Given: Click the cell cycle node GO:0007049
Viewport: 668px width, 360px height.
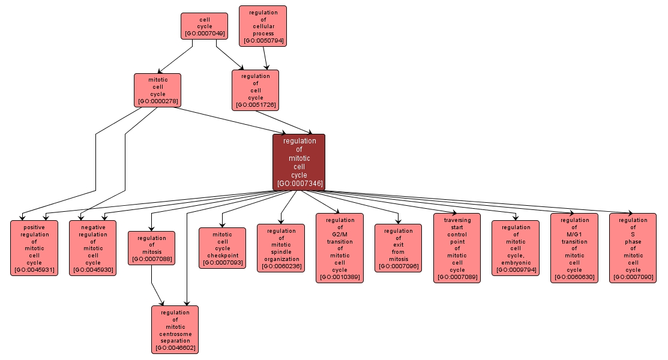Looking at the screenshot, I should (x=204, y=26).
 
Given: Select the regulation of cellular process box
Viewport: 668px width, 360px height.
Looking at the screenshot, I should (x=263, y=26).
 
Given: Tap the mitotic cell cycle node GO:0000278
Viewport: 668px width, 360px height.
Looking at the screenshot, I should (x=157, y=90).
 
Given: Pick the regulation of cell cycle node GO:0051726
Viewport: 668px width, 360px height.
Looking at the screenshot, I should (x=256, y=90).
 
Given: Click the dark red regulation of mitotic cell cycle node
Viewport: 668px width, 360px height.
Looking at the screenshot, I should (x=299, y=162).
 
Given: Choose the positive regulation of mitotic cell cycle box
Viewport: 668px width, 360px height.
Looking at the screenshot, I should (x=34, y=248).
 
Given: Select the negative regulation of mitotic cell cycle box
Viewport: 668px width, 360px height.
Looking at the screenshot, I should (x=93, y=248).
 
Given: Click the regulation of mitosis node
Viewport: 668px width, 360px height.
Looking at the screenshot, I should (x=151, y=248).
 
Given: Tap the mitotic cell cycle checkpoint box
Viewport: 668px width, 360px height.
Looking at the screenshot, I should (x=222, y=248).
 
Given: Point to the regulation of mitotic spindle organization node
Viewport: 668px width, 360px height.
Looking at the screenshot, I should (x=281, y=248).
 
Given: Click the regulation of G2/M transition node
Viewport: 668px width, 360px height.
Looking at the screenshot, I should (x=340, y=248).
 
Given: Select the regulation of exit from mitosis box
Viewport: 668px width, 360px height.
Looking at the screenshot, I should (x=399, y=248).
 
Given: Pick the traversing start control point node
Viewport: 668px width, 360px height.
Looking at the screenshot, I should (x=457, y=248).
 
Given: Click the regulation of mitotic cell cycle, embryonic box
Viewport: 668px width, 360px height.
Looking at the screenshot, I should (x=515, y=248).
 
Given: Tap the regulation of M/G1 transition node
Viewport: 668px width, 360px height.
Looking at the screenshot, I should (x=574, y=248).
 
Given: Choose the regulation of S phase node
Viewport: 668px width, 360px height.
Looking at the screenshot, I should (x=633, y=248).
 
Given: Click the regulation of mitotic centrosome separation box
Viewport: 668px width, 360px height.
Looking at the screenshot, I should (x=175, y=329).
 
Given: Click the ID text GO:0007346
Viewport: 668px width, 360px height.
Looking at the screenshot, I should (x=299, y=184).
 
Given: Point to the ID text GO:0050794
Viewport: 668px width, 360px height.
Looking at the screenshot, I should (x=263, y=41).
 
